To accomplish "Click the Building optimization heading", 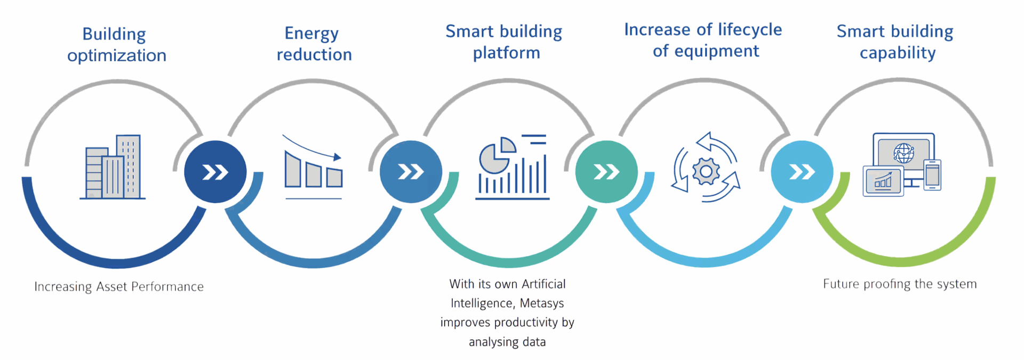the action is click(117, 44).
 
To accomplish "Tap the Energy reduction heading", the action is click(314, 44).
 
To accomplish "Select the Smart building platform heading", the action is click(504, 42).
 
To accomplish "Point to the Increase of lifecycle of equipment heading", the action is click(703, 40).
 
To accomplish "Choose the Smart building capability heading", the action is click(895, 42).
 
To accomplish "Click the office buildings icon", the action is click(113, 167).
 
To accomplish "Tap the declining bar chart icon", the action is click(313, 166).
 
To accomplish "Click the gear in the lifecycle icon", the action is click(706, 171).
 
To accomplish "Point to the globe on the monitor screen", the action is click(903, 153).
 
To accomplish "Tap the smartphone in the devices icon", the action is click(933, 175).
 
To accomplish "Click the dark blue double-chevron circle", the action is click(215, 172).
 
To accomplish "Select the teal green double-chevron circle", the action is click(606, 172).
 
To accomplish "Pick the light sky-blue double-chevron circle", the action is click(802, 172).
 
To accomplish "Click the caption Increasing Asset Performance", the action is click(119, 287).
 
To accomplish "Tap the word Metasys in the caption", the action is click(542, 303).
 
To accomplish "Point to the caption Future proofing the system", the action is click(900, 284).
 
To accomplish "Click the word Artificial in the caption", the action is click(543, 284).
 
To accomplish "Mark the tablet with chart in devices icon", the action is click(883, 181).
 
